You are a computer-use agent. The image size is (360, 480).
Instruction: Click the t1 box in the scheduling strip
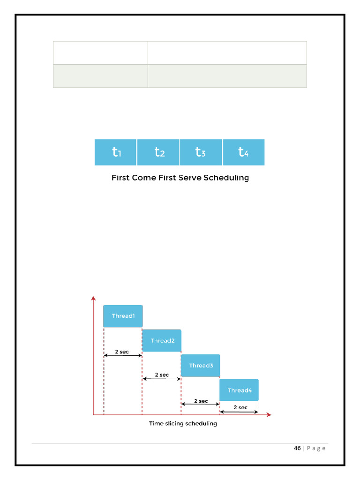tap(116, 152)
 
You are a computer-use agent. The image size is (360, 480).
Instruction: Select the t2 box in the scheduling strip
tap(158, 152)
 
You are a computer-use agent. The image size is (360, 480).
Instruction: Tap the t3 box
tap(201, 152)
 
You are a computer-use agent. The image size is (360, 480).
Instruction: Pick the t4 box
tap(243, 152)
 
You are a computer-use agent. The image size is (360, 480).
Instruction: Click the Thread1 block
tap(123, 316)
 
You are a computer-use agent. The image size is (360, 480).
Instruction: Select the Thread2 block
tap(162, 341)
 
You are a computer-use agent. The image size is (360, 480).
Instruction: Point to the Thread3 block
tap(201, 366)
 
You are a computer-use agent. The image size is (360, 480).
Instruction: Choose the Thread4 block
tap(239, 390)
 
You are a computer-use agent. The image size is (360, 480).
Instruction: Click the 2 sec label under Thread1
tap(122, 352)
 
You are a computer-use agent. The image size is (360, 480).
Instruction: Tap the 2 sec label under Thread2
tap(162, 375)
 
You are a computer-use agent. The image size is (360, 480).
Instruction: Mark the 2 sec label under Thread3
tap(201, 401)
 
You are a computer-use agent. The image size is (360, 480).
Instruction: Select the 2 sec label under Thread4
tap(240, 407)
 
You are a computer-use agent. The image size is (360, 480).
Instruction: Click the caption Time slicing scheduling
tap(183, 424)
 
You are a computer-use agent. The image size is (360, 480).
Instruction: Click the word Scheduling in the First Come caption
tap(226, 178)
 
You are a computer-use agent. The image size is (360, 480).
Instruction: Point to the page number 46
tap(298, 448)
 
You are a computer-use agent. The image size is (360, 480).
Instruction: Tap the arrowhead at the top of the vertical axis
tap(93, 298)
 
